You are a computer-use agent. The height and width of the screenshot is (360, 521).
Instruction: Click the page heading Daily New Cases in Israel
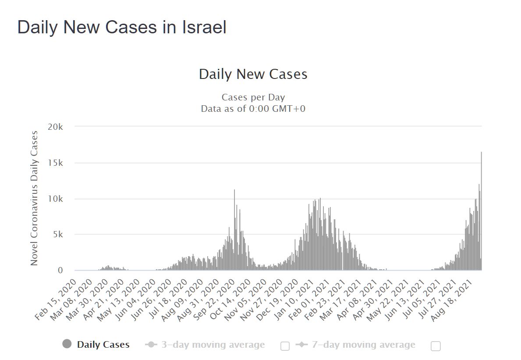pos(122,28)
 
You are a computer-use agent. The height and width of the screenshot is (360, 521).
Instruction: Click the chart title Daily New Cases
pos(253,74)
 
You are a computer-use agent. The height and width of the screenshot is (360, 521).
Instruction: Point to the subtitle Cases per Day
pos(253,97)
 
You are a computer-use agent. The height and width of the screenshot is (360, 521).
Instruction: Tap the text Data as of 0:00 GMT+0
pos(253,109)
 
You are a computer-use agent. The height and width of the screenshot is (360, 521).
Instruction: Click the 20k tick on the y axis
pos(56,127)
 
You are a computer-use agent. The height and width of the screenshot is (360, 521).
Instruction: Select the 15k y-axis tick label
pos(56,163)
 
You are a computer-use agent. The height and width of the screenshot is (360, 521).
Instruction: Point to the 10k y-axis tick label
pos(56,199)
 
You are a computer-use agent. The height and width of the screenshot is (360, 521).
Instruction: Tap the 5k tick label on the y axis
pos(58,235)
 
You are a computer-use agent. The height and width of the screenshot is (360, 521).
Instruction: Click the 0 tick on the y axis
pos(60,271)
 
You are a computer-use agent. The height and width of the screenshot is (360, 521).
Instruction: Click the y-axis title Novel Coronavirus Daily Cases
pos(34,198)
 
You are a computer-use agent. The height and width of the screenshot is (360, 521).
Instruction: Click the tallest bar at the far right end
pos(481,210)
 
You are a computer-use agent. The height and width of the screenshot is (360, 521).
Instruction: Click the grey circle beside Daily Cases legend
pos(67,344)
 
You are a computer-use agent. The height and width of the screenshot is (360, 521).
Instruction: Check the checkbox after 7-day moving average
pos(436,346)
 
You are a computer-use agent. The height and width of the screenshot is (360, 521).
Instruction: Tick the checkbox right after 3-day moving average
pos(285,346)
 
